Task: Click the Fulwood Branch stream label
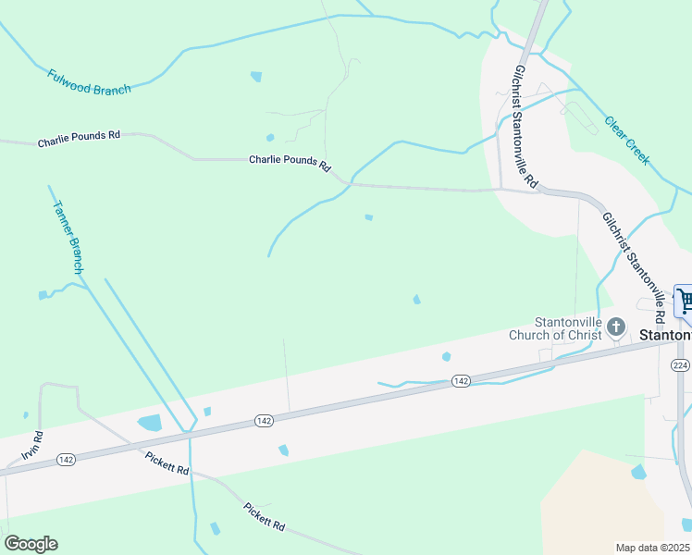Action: pos(89,80)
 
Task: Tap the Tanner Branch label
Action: pos(68,237)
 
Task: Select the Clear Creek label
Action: pos(627,141)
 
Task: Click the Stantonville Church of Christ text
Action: pos(555,328)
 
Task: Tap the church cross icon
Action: pos(617,327)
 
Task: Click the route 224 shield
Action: pos(680,366)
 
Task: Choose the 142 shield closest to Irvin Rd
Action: pos(66,459)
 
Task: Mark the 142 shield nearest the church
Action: pos(462,381)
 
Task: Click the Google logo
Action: pos(31,544)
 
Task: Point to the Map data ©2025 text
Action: pos(652,548)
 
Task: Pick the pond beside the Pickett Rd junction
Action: pos(149,424)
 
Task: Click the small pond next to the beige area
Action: pos(638,472)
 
